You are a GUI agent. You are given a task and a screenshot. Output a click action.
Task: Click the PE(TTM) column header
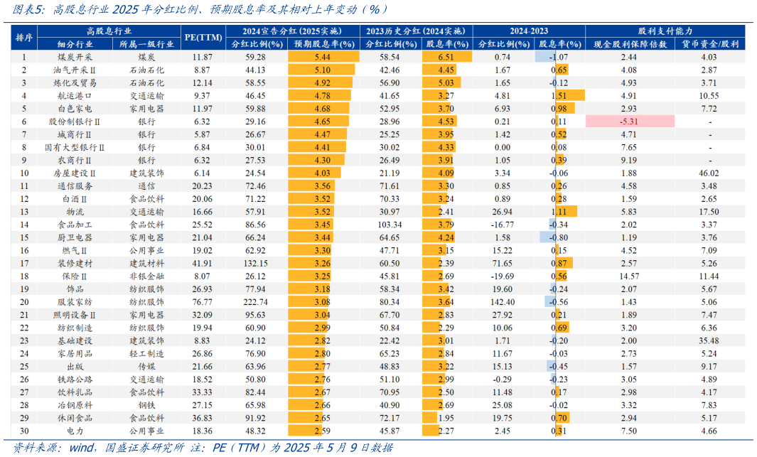coord(201,37)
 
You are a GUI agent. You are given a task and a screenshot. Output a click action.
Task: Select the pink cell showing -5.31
coord(628,122)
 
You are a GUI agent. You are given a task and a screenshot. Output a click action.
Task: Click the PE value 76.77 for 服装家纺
coord(201,301)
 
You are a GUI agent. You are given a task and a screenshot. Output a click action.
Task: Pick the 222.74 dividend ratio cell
coord(255,301)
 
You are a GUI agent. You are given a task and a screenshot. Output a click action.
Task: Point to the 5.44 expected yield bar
coord(323,56)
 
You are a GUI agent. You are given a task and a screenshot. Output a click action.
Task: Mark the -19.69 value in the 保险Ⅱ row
coord(503,276)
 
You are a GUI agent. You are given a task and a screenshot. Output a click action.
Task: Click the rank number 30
coord(24,431)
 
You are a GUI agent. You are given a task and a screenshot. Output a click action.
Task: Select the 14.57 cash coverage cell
coord(628,276)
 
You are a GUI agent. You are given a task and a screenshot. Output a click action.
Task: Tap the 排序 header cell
coord(24,37)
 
